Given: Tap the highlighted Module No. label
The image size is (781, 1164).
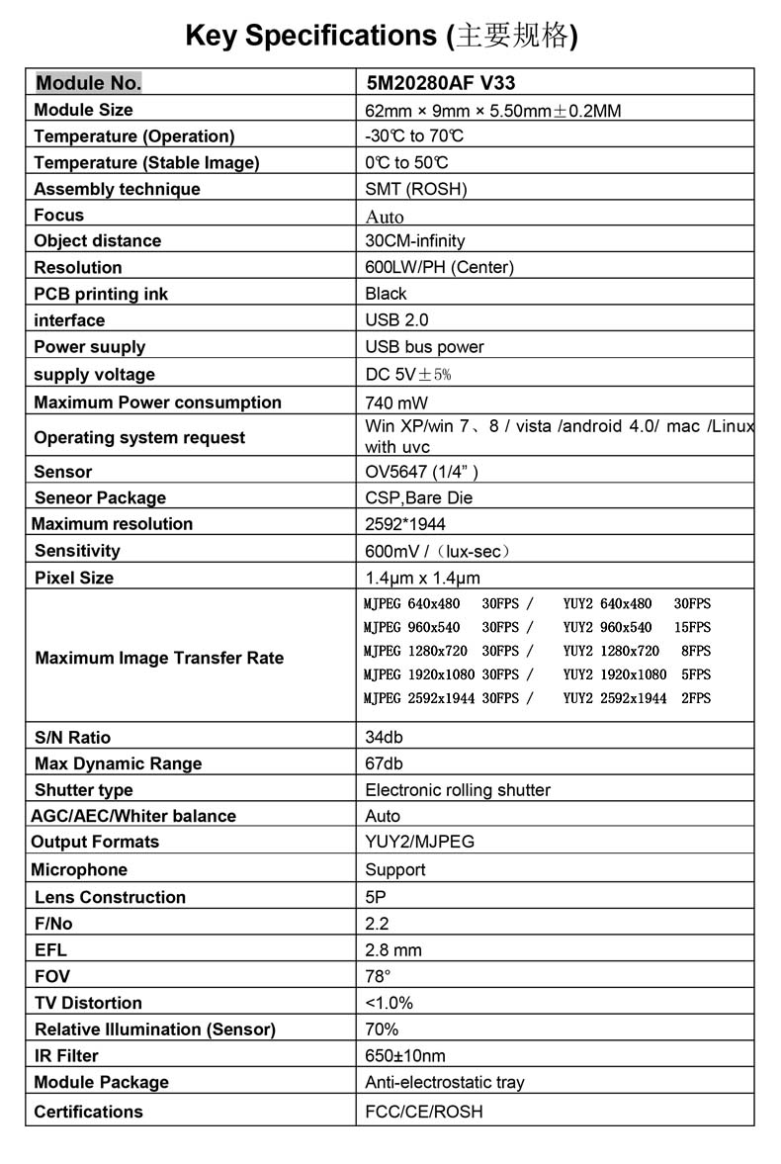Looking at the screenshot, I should [x=88, y=83].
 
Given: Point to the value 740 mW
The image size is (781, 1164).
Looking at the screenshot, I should [x=396, y=403].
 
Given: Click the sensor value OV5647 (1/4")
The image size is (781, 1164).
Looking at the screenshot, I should [x=422, y=472].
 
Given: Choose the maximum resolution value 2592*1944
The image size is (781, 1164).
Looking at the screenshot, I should [x=405, y=524].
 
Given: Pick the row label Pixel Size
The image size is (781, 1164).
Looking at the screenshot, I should [x=74, y=578].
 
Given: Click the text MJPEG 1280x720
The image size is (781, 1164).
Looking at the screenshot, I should [x=415, y=651].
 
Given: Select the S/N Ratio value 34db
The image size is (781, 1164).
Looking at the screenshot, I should [x=385, y=738].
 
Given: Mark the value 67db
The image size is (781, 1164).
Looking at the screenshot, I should [x=385, y=763].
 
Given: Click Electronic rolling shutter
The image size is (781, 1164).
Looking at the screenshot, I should [x=458, y=790].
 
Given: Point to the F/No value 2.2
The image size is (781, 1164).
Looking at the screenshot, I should [x=377, y=924].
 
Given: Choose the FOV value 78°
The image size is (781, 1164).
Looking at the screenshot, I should [x=378, y=976].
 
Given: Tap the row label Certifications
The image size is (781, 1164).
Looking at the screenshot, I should [x=88, y=1112].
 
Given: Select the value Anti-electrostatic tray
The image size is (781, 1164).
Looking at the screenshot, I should [x=445, y=1083].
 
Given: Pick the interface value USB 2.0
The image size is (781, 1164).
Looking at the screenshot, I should [x=396, y=320].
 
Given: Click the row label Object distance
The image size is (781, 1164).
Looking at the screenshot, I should [x=97, y=241].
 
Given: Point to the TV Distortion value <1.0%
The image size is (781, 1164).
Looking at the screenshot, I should [x=390, y=1003].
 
